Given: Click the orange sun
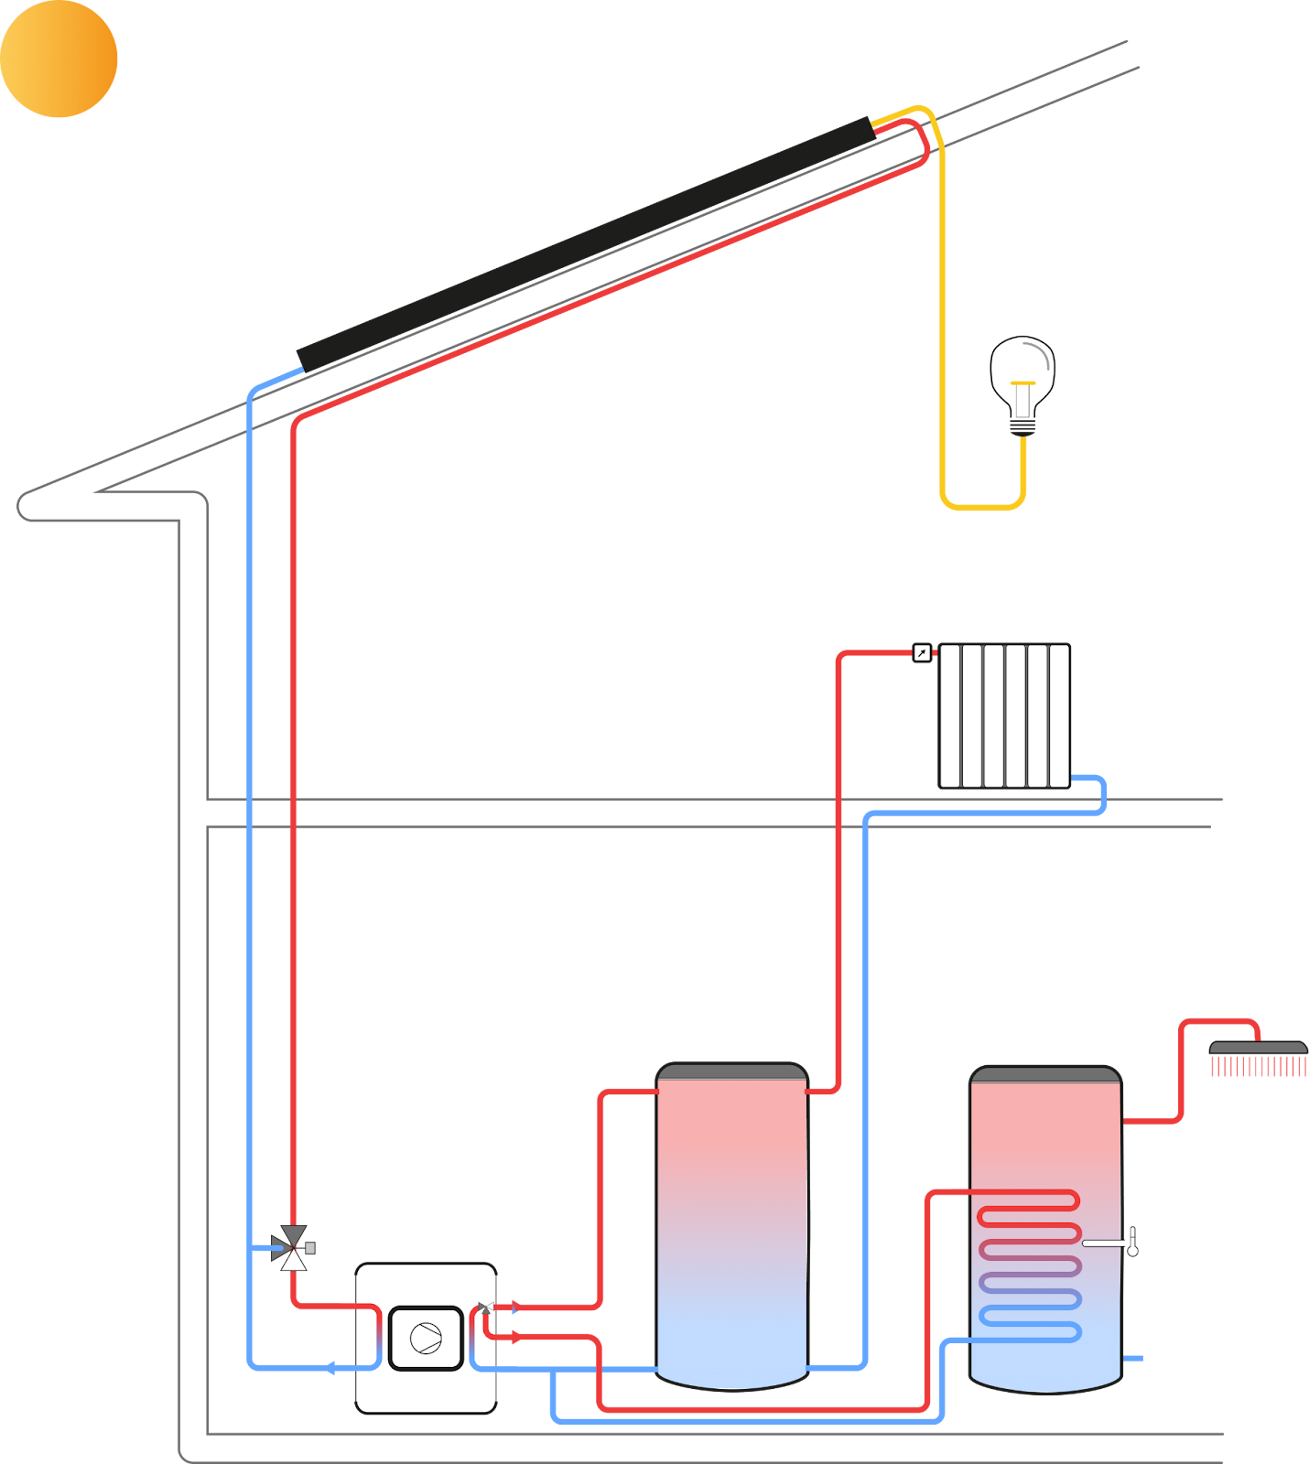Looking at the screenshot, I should [x=59, y=59].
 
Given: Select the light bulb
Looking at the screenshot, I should [x=1022, y=380].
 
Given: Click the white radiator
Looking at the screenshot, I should [x=1004, y=716].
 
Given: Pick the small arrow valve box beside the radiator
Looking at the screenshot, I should [x=922, y=652].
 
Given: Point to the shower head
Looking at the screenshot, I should [x=1258, y=1048].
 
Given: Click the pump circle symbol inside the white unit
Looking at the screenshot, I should [x=426, y=1339].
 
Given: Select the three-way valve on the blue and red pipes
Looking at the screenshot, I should [x=293, y=1248].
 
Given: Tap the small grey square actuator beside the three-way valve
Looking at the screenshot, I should [x=310, y=1248].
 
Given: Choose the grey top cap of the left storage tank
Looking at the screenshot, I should [x=732, y=1071].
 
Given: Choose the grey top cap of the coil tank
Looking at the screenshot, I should [x=1045, y=1074].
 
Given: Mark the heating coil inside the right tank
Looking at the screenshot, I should [x=1030, y=1266].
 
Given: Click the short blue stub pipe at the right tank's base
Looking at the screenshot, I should [x=1133, y=1359].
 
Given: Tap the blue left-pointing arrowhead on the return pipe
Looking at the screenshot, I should [x=330, y=1368].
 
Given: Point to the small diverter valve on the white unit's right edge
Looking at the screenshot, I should [x=486, y=1308].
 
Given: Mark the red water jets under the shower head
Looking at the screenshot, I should [x=1258, y=1067].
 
